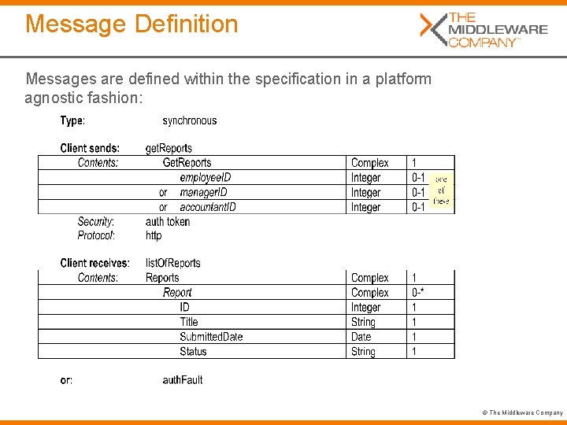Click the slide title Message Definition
[132, 24]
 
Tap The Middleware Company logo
[484, 29]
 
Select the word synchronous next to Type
[189, 120]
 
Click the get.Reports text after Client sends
[169, 148]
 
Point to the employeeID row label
[206, 178]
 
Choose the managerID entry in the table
[203, 192]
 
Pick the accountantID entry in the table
[208, 207]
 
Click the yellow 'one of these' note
[442, 190]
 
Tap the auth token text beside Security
[168, 221]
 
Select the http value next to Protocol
[154, 235]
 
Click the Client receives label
[94, 263]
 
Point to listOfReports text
[173, 263]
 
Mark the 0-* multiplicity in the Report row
[418, 293]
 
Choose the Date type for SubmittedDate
[361, 337]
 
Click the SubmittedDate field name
[211, 337]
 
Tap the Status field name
[193, 352]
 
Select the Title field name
[189, 322]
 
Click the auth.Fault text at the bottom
[183, 379]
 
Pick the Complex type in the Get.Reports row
[369, 163]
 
